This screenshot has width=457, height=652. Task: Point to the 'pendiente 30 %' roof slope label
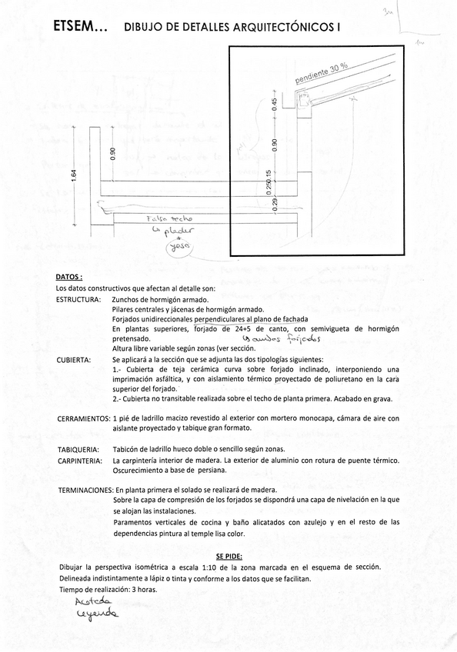pyautogui.click(x=321, y=74)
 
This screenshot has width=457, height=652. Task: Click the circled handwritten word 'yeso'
pyautogui.click(x=182, y=246)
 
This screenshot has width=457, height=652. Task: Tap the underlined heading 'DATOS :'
pyautogui.click(x=69, y=276)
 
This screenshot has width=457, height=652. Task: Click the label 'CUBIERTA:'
pyautogui.click(x=74, y=359)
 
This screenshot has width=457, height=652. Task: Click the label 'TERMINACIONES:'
pyautogui.click(x=85, y=490)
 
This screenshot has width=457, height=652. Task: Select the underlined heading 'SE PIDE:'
pyautogui.click(x=228, y=554)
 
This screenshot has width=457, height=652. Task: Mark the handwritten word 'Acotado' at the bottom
pyautogui.click(x=93, y=600)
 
